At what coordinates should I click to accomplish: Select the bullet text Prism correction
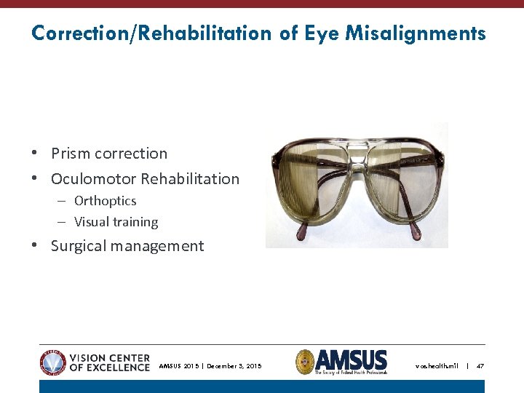click(109, 154)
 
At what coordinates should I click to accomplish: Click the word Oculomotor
click(93, 179)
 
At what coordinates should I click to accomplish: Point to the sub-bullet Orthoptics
click(105, 201)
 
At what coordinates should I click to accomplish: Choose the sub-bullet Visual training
click(116, 222)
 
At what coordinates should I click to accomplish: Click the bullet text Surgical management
click(127, 246)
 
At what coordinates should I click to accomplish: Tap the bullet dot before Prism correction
click(35, 154)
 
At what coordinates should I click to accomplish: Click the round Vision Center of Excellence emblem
click(53, 362)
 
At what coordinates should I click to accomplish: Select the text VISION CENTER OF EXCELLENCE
click(109, 362)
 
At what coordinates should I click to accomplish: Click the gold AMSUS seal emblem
click(305, 362)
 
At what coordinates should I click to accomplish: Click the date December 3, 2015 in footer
click(234, 366)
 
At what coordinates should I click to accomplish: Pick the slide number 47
click(480, 366)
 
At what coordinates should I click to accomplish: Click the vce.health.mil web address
click(437, 366)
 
